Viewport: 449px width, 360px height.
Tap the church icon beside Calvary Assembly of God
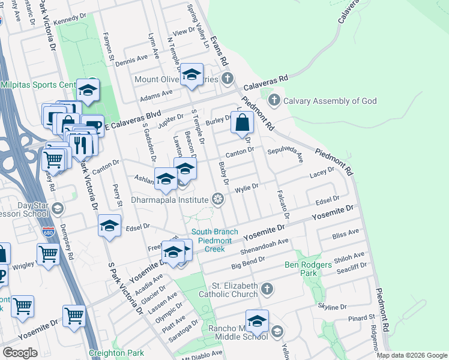pos(274,100)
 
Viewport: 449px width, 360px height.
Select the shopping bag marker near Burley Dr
pos(241,123)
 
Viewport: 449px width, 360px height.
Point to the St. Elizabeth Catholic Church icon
pos(267,290)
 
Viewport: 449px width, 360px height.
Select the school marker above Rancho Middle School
pos(257,321)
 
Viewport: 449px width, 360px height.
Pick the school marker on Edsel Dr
pos(110,226)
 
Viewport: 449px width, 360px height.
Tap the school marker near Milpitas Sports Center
pos(88,91)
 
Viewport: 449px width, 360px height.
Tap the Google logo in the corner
pos(20,353)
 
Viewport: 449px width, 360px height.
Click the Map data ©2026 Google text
pos(411,355)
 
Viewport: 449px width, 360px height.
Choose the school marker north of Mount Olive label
pos(192,74)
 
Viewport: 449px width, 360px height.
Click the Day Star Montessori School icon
pos(58,209)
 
